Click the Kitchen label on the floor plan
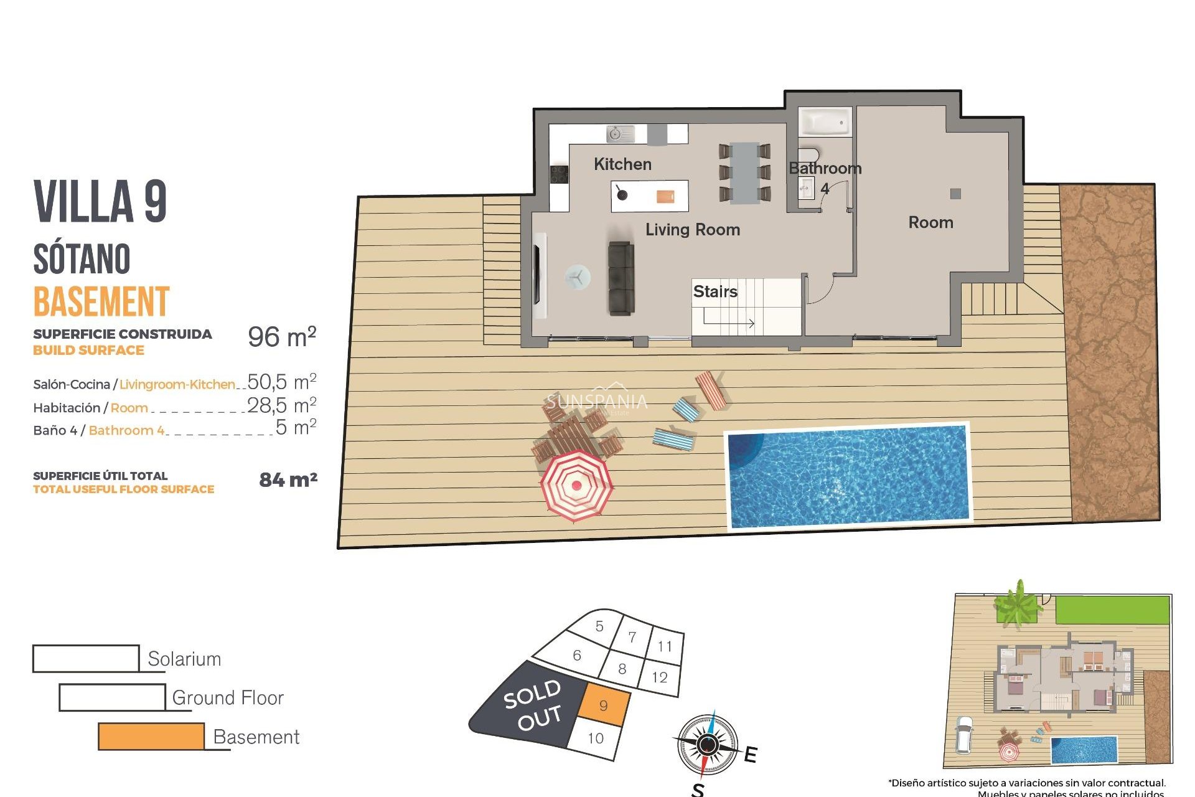(x=622, y=164)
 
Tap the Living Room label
(x=692, y=230)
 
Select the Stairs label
(x=715, y=291)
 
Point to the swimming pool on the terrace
(x=848, y=476)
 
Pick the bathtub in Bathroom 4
(x=825, y=122)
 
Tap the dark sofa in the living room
(x=621, y=278)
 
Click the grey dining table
(x=744, y=173)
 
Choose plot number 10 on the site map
(x=596, y=738)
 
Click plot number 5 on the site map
(x=599, y=626)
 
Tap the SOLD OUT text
(x=533, y=705)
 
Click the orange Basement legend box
(x=151, y=736)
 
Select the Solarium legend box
(x=86, y=658)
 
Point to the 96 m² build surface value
(x=282, y=337)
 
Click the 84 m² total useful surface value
(x=288, y=480)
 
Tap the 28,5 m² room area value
(x=282, y=405)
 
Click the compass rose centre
(x=708, y=744)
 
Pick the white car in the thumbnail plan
(x=963, y=734)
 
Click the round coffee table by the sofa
(x=578, y=278)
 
